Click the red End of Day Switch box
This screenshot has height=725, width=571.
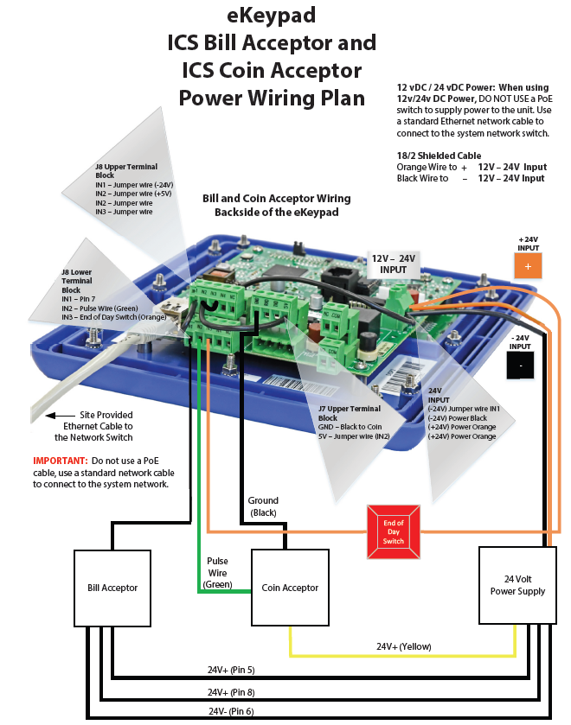coord(394,528)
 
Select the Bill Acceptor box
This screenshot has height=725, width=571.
coord(112,588)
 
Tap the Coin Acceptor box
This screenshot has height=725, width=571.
coord(290,588)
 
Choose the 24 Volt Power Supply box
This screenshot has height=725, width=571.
coord(518,585)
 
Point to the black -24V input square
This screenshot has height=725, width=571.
coord(520,366)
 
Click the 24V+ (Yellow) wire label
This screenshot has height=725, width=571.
coord(403,646)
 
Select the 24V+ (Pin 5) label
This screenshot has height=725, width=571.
coord(231,670)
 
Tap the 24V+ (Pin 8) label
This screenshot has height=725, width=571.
coord(231,692)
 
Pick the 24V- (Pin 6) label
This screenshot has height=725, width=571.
coord(230,712)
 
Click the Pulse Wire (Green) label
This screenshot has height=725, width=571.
coord(217,573)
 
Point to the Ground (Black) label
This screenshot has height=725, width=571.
coord(263,506)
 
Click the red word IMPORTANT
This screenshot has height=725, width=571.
coord(56,461)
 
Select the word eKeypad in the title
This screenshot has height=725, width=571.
coord(272,15)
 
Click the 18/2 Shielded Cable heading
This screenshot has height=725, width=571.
coord(439,156)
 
